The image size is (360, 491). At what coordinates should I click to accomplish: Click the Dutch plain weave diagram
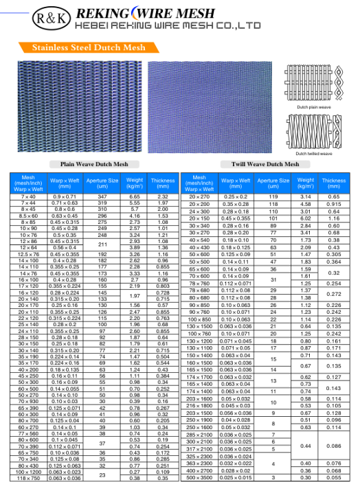pos(313,84)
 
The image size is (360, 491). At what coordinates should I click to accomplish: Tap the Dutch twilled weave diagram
pos(313,130)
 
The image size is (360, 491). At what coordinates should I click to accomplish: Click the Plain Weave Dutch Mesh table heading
pos(89,165)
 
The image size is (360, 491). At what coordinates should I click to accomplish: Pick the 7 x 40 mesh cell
pos(28,197)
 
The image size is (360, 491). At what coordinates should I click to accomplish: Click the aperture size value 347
pos(102,197)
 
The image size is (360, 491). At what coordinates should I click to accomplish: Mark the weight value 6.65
pos(135,197)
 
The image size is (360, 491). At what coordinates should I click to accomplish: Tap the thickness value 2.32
pos(163,197)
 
